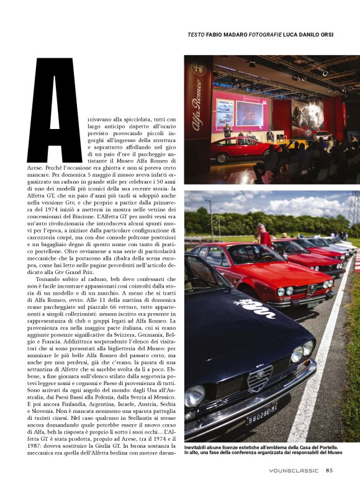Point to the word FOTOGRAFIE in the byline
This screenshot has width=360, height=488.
pyautogui.click(x=271, y=35)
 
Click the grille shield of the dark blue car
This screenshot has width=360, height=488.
pyautogui.click(x=259, y=378)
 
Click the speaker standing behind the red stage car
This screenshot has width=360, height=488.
pyautogui.click(x=227, y=131)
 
